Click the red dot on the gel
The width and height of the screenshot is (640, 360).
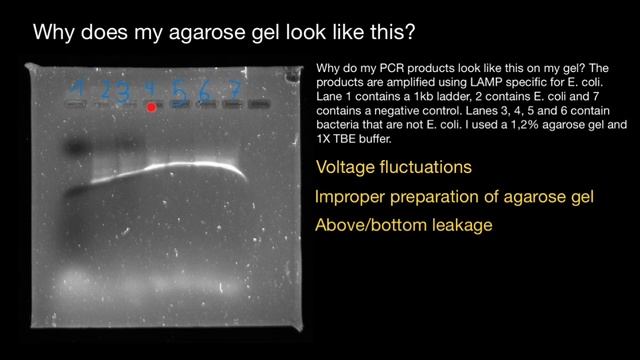point(151,106)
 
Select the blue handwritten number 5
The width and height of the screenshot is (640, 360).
point(178,89)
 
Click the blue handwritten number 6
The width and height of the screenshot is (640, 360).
point(206,89)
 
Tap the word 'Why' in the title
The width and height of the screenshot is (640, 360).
point(54,31)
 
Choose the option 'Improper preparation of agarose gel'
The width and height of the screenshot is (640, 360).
point(454,197)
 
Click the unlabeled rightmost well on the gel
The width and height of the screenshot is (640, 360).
point(259,103)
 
